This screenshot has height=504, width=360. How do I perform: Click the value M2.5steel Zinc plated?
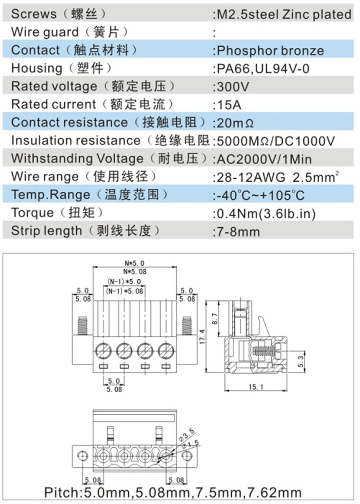(x=284, y=14)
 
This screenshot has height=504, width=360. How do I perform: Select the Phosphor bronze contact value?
(x=270, y=50)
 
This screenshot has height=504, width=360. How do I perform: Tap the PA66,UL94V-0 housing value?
(x=263, y=69)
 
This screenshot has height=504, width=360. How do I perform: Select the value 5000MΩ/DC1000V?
(x=276, y=141)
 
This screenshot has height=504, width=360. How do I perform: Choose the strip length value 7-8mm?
(x=238, y=232)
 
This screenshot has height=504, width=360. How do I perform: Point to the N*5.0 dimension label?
(x=134, y=263)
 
